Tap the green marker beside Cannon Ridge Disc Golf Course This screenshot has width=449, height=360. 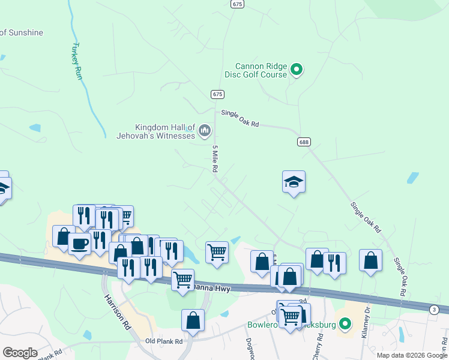click(x=296, y=70)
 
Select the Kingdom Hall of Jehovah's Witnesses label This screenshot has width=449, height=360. click(x=156, y=131)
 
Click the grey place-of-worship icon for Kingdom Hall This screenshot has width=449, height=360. click(x=205, y=130)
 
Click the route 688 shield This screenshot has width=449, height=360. click(x=304, y=142)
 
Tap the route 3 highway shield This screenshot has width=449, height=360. click(x=433, y=308)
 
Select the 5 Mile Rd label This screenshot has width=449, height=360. click(x=214, y=159)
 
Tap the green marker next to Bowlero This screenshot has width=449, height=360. click(x=345, y=325)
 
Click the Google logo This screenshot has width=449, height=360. click(x=20, y=353)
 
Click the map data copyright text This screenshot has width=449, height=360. click(x=412, y=355)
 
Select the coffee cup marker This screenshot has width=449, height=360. click(x=79, y=244)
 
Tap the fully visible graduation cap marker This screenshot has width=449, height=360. click(x=294, y=181)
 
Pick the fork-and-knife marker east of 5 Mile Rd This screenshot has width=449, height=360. click(x=334, y=262)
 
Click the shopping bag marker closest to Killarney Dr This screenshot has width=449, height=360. click(x=370, y=260)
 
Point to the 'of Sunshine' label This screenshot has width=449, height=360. click(x=22, y=32)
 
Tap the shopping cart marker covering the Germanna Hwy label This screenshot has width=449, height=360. click(x=182, y=279)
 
